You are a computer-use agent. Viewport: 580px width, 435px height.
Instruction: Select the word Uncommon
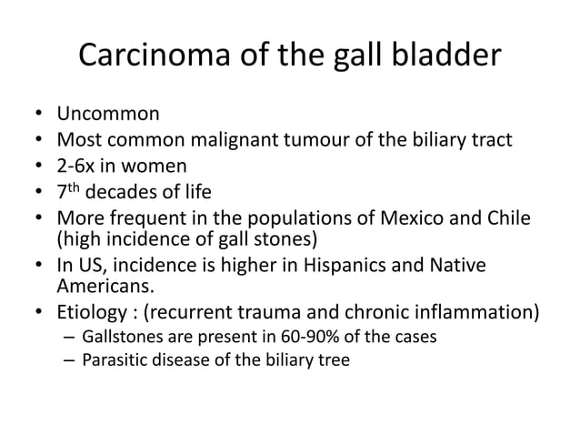tap(108, 115)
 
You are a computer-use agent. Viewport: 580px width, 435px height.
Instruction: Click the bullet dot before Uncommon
tap(37, 116)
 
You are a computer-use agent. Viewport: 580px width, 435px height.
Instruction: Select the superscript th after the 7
tap(77, 188)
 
